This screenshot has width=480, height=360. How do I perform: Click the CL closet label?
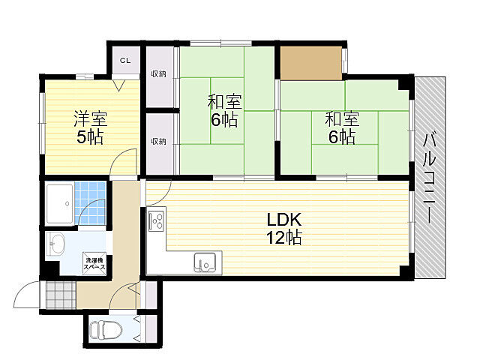click(125, 61)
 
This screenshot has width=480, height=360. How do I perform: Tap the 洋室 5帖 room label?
click(90, 128)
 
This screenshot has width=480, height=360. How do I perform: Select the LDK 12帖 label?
click(284, 228)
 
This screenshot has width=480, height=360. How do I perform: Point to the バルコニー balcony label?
click(430, 177)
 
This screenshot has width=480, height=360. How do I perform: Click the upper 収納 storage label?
click(159, 73)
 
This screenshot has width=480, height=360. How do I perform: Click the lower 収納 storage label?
click(159, 141)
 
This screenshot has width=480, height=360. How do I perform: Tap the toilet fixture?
click(106, 330)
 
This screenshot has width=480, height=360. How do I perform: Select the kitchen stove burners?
click(157, 220)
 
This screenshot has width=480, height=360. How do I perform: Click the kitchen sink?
click(205, 262)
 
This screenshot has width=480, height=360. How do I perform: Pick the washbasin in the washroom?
click(55, 243)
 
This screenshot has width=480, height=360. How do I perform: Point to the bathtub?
click(59, 203)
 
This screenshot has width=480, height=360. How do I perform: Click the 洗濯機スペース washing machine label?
click(95, 263)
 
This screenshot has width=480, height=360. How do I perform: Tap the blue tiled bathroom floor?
click(90, 203)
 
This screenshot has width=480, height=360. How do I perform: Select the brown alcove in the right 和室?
click(311, 63)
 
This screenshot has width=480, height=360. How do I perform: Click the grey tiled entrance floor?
click(61, 295)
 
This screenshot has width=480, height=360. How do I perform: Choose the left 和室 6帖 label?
click(224, 110)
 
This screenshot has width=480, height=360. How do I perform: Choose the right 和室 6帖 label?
click(342, 127)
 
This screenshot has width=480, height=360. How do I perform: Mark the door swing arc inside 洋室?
click(116, 157)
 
